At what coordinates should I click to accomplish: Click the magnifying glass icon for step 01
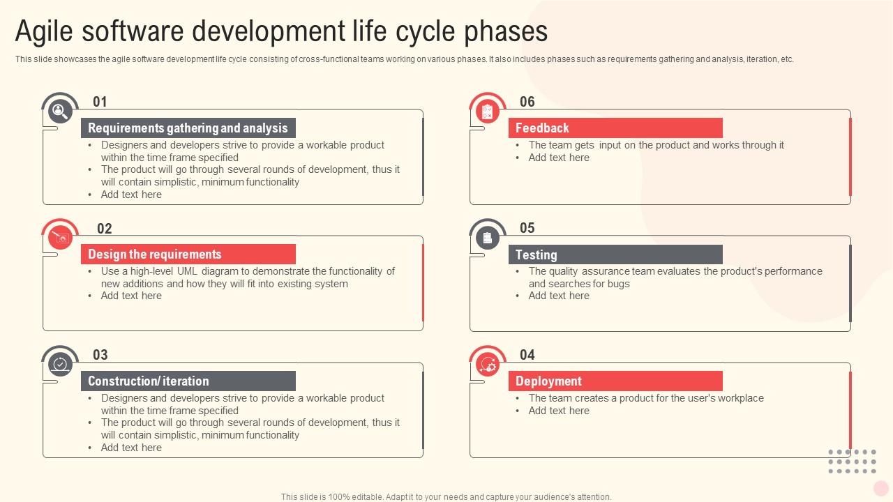(x=60, y=112)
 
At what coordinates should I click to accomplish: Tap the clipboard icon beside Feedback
(x=487, y=112)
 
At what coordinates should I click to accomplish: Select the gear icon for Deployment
(x=487, y=365)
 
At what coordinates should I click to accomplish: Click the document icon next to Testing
(x=487, y=238)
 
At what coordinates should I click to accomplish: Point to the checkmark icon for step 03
(x=60, y=365)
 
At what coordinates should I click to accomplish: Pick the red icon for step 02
(x=60, y=238)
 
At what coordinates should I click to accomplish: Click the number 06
(x=527, y=102)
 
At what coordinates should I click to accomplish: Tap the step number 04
(x=527, y=355)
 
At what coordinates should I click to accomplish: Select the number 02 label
(x=104, y=229)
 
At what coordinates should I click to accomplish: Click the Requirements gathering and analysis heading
(x=188, y=128)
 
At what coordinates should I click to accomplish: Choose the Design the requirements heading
(x=155, y=254)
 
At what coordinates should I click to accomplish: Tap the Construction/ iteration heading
(x=149, y=381)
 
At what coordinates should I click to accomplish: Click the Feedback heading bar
(x=615, y=128)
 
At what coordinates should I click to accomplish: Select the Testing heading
(x=536, y=254)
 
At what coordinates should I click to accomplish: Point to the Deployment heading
(x=548, y=381)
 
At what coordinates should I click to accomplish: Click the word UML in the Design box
(x=188, y=271)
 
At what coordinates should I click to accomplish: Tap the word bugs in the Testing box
(x=618, y=284)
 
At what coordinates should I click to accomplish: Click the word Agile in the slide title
(x=47, y=31)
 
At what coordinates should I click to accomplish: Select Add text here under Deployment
(x=559, y=411)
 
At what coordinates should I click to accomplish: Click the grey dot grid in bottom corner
(x=852, y=462)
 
